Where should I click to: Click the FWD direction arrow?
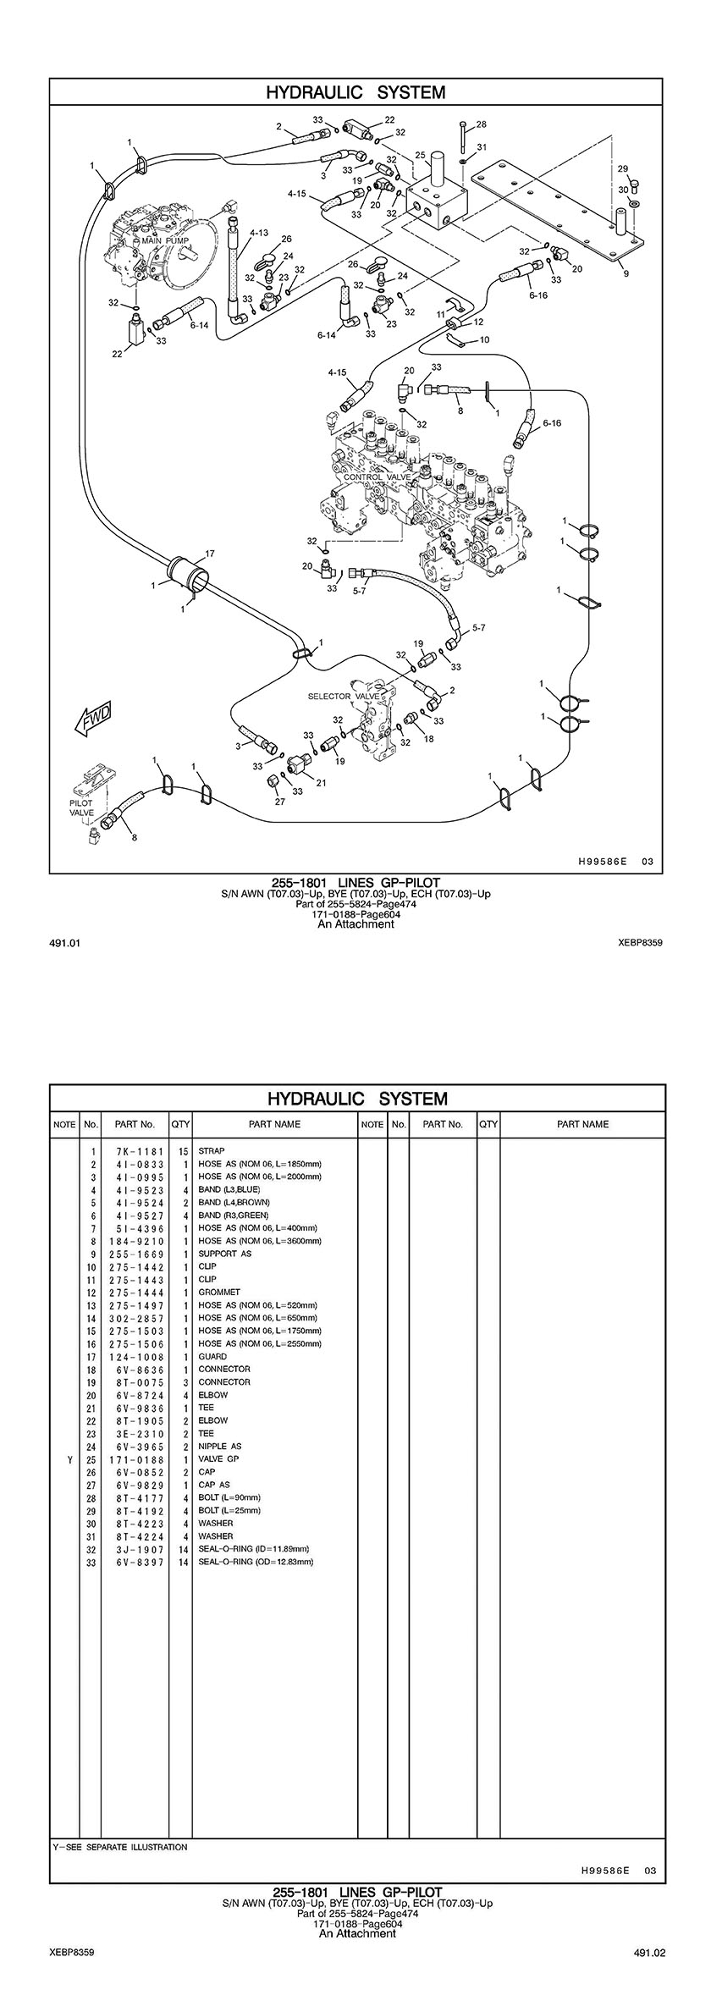point(92,718)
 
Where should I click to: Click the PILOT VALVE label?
point(82,808)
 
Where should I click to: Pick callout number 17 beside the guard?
point(209,554)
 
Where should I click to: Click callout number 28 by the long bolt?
point(481,124)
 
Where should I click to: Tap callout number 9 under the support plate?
point(625,273)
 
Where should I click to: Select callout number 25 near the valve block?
point(420,155)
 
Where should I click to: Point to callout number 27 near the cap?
point(279,801)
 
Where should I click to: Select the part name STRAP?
point(212,1151)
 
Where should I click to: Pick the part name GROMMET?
point(219,1293)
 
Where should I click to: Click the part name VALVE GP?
point(218,1459)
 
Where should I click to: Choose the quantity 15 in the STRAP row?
point(182,1151)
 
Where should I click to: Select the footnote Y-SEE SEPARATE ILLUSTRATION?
point(120,1847)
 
